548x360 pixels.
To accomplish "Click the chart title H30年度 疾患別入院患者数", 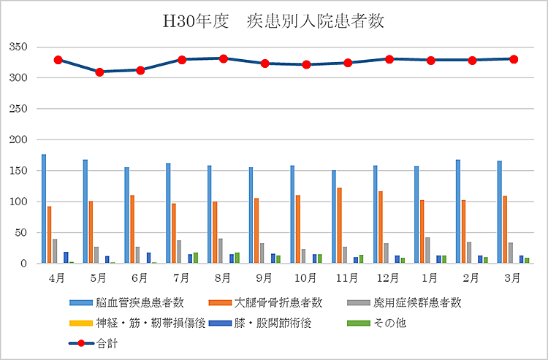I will tap(273, 22).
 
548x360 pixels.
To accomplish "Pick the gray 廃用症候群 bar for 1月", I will tap(427, 250).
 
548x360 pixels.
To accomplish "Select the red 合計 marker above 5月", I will tap(99, 72).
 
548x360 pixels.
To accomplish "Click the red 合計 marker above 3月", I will tap(514, 59).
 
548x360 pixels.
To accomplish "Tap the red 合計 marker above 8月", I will tap(224, 58).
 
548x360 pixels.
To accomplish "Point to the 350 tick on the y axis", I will tap(18, 47).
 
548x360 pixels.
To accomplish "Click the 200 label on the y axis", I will tap(18, 139).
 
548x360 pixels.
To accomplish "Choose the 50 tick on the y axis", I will tap(21, 232).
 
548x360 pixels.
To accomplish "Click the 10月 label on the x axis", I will tap(306, 278).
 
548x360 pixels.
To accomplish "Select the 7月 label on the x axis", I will tap(182, 278).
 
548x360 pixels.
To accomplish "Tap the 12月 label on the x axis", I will tap(389, 278).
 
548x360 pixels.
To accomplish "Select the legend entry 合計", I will tap(106, 341).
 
